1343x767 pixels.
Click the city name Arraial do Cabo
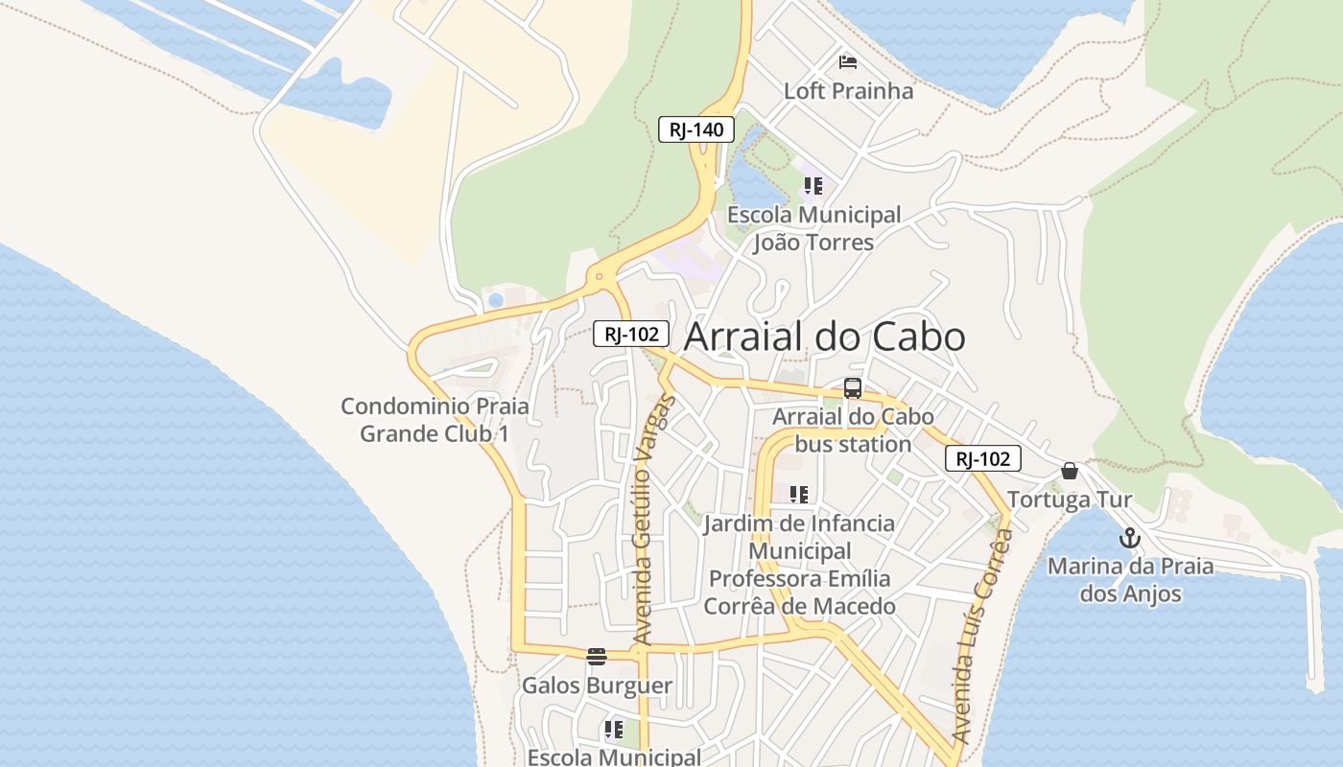824,337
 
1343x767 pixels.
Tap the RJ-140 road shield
695,129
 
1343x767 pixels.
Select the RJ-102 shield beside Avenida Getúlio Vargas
630,334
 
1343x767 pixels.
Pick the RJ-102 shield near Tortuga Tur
983,458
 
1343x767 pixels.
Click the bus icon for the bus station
853,388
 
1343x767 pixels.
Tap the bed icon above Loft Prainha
848,62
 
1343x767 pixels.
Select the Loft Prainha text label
849,91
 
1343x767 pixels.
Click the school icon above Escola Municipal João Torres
813,186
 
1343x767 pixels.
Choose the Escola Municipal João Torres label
813,228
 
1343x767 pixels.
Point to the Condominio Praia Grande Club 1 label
435,420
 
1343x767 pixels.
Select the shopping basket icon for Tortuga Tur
1070,471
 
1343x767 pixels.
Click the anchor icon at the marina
1129,538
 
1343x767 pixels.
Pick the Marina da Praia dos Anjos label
1130,580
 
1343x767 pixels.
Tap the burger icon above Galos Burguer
597,657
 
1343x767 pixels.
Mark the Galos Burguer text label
597,686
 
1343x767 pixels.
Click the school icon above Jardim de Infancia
799,495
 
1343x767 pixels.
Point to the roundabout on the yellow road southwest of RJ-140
600,277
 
